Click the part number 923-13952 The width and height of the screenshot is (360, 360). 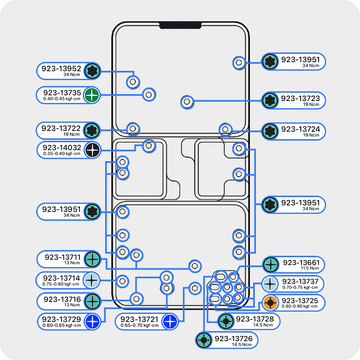coord(61,68)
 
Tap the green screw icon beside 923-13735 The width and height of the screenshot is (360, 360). coord(92,95)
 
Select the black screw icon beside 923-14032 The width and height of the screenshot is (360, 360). coord(92,150)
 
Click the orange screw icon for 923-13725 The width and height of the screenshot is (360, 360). coord(270,303)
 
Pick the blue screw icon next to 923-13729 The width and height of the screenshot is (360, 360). coord(92,322)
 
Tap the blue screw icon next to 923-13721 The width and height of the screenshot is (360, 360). coord(170,322)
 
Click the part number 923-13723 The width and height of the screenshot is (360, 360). coord(300,98)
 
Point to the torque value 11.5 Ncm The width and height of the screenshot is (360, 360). coord(310,268)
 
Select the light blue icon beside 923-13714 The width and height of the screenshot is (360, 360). coord(91,280)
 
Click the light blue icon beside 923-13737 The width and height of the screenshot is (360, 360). coord(270,284)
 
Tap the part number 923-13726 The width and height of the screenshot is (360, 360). coord(234,338)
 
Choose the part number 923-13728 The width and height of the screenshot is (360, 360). coord(255,319)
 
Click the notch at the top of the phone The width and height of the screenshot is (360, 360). coord(180,25)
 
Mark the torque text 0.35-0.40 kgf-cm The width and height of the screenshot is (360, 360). coord(62,153)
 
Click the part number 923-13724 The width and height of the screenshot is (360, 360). coord(300,129)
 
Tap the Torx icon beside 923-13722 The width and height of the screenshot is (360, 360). coord(92,130)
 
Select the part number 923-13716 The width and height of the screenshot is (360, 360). coord(62,299)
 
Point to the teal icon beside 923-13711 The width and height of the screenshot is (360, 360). coord(92,259)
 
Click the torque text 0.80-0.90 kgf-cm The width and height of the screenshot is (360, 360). coord(299,306)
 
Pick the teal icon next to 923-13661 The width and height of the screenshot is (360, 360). coord(271,265)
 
